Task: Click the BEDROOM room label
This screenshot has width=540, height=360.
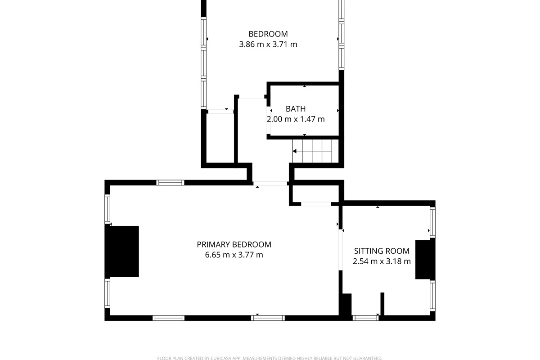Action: point(268,34)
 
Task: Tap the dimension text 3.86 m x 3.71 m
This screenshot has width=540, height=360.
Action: point(268,45)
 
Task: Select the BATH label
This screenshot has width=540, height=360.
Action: point(296,109)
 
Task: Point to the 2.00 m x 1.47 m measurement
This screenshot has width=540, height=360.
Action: point(296,119)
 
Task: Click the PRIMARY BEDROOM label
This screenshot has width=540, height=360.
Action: point(234,244)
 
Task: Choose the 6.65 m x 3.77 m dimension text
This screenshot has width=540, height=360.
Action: point(234,255)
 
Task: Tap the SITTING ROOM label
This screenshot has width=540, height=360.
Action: point(382,251)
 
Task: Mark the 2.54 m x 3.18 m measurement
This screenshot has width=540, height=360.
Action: point(382,261)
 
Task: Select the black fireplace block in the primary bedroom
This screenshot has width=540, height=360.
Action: point(122,251)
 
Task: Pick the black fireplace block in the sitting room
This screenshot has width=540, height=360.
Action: point(425,259)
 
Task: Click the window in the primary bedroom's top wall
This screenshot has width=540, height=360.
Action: point(170,183)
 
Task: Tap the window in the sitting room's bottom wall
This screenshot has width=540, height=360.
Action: point(365,318)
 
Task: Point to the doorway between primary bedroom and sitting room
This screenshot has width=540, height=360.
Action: point(341,250)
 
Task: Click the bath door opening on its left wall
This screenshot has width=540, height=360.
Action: point(268,120)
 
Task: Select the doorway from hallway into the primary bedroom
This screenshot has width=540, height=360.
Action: point(270,184)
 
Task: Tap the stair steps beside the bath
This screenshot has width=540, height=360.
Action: point(312,151)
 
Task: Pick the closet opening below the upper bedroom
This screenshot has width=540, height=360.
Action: point(221,112)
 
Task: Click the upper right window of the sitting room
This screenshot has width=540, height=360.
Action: point(433,222)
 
